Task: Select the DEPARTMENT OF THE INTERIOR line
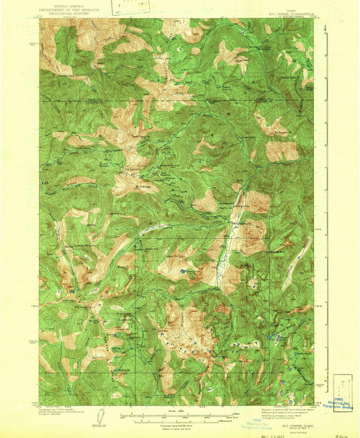pyautogui.click(x=61, y=9)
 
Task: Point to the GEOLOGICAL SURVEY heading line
pyautogui.click(x=61, y=13)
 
